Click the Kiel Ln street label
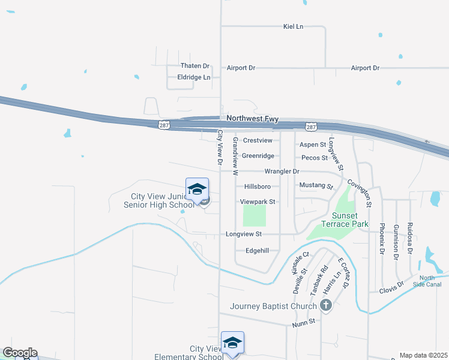pos(294,26)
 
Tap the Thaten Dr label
pos(195,66)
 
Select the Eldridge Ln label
pos(194,77)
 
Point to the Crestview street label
pos(258,140)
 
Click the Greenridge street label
pos(258,156)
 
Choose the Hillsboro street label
pos(257,187)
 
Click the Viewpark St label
pos(257,202)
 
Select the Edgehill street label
pos(262,251)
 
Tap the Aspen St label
pos(312,145)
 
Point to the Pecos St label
pos(315,158)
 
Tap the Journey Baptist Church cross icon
pos(326,306)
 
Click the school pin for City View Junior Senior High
pos(197,190)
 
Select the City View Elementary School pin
pos(232,343)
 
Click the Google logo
pos(20,353)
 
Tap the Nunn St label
pos(304,322)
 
